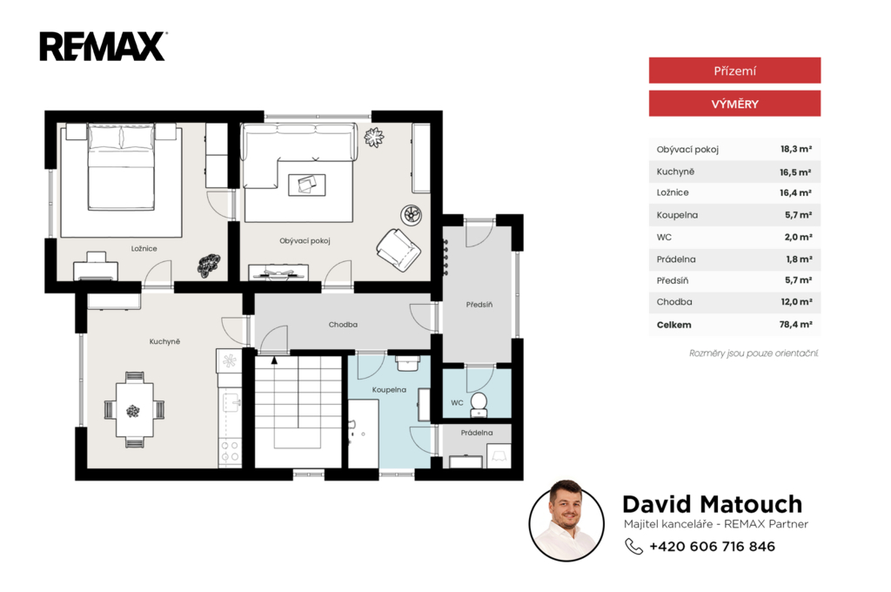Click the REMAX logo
pyautogui.click(x=103, y=46)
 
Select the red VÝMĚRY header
pyautogui.click(x=734, y=104)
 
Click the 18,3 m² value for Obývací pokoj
pyautogui.click(x=795, y=149)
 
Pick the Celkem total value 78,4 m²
pyautogui.click(x=795, y=324)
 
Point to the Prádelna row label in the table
pyautogui.click(x=675, y=259)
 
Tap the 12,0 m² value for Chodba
pyautogui.click(x=796, y=302)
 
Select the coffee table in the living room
pyautogui.click(x=307, y=185)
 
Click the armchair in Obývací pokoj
pyautogui.click(x=399, y=250)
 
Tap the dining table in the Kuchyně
pyautogui.click(x=134, y=409)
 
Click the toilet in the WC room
pyautogui.click(x=479, y=402)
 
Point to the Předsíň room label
pyautogui.click(x=479, y=305)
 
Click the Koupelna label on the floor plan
pyautogui.click(x=389, y=389)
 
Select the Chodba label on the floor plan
pyautogui.click(x=343, y=324)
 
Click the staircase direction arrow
pyautogui.click(x=274, y=360)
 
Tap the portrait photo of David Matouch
pyautogui.click(x=566, y=521)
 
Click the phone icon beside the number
pyautogui.click(x=633, y=546)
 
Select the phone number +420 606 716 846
pyautogui.click(x=712, y=547)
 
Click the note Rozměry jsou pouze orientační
pyautogui.click(x=754, y=353)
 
